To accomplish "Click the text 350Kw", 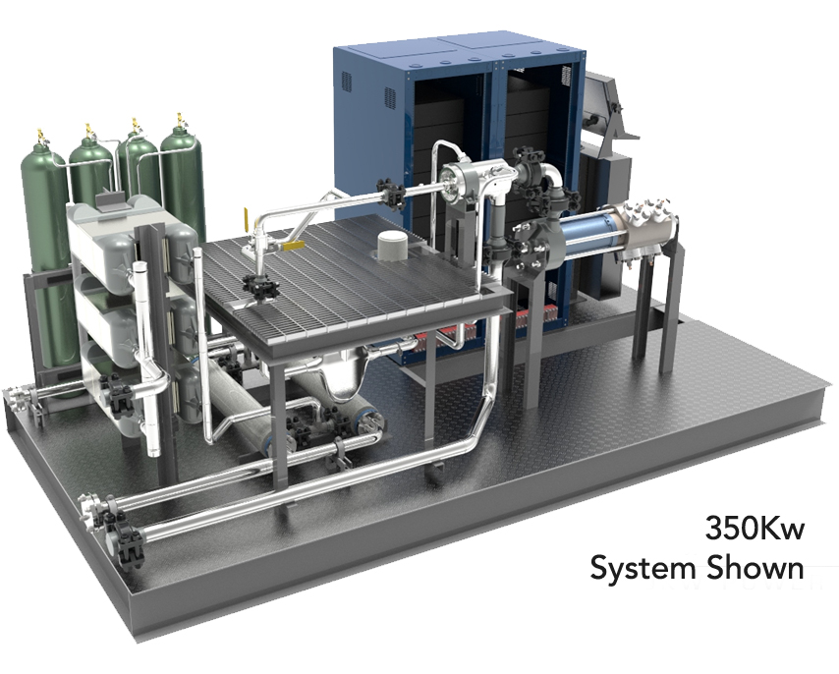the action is tap(755, 528).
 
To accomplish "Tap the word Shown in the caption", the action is tap(755, 567).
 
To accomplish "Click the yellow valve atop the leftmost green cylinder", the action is tap(39, 136).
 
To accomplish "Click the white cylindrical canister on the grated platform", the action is tap(393, 246).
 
